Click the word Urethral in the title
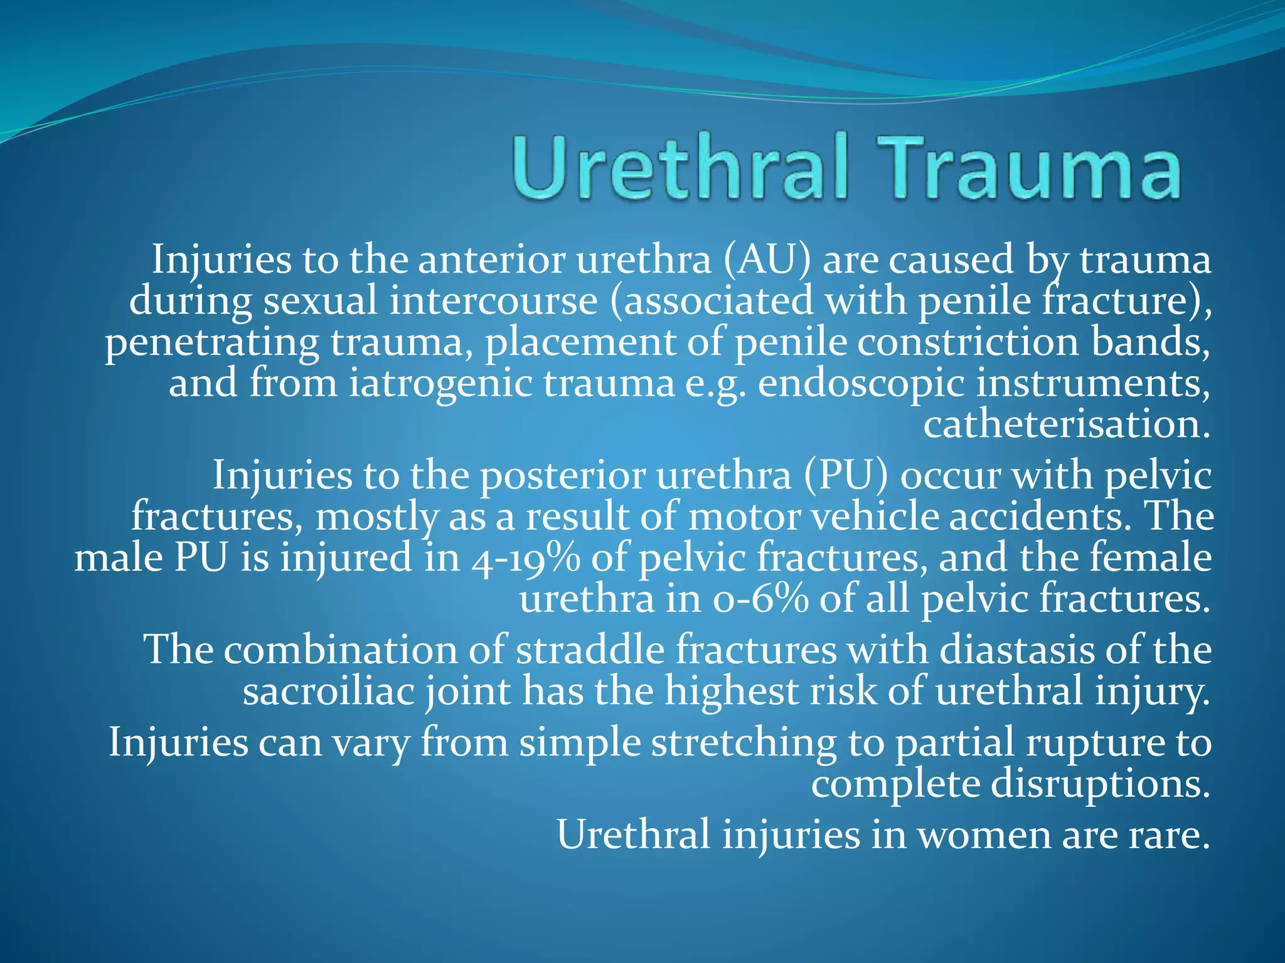[681, 168]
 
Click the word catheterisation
[1065, 425]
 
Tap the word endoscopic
[861, 384]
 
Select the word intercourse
[493, 301]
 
